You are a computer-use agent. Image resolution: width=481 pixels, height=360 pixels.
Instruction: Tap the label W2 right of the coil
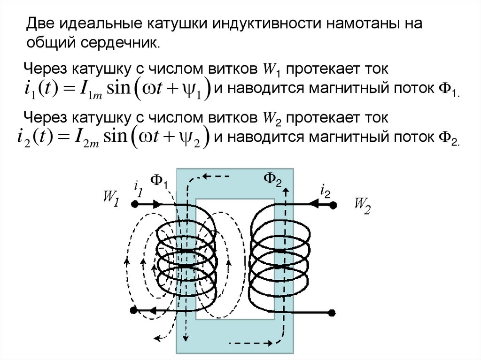click(362, 205)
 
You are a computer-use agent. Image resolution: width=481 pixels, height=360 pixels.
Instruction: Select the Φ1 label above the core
click(159, 182)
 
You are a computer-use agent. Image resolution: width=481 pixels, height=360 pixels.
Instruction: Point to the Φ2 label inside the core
click(272, 179)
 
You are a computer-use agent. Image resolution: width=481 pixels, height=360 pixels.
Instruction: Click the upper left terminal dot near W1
click(134, 205)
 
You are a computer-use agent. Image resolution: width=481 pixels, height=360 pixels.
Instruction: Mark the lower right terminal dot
click(333, 312)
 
